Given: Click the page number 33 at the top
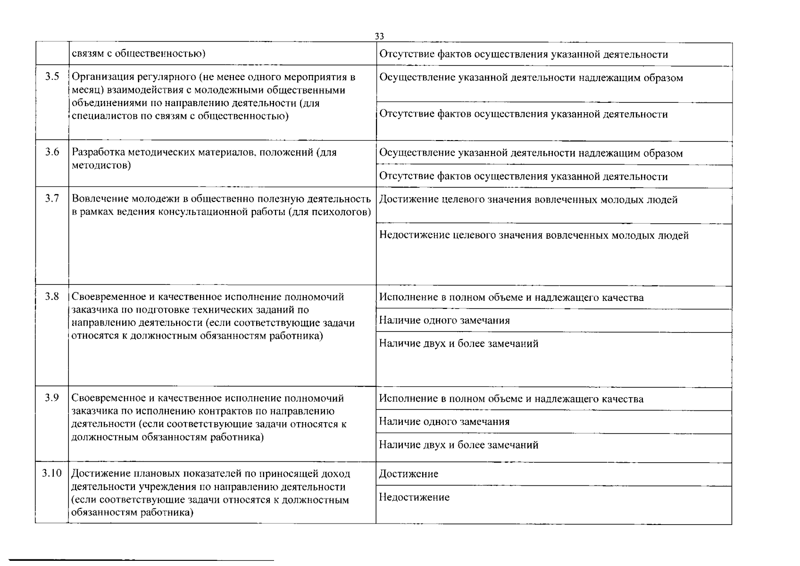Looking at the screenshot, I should click(379, 36).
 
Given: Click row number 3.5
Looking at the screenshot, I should click(52, 77).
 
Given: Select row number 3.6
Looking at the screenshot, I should click(52, 152).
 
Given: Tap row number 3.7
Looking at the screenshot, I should click(52, 199).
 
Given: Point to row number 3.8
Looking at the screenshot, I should click(52, 297).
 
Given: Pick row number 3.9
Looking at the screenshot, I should click(52, 398).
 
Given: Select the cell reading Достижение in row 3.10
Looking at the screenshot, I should click(408, 474).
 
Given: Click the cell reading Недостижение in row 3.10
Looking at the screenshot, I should click(414, 497).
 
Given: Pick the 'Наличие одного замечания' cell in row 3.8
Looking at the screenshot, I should click(444, 321).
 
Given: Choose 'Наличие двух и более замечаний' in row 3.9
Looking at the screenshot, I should click(458, 445).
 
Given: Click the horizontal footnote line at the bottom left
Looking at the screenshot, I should click(142, 560).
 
